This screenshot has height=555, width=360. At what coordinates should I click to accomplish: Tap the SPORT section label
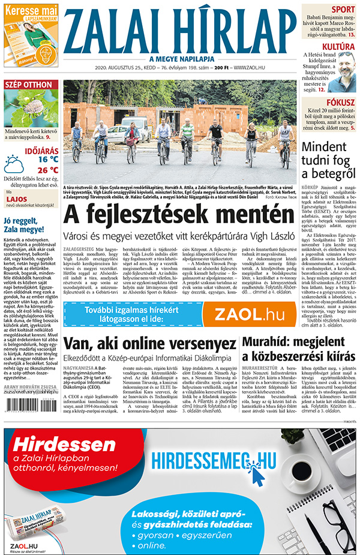pyautogui.click(x=343, y=9)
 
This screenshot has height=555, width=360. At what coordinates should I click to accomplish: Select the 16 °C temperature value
pyautogui.click(x=49, y=160)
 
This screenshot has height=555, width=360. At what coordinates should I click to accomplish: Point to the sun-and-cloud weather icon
pyautogui.click(x=14, y=164)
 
